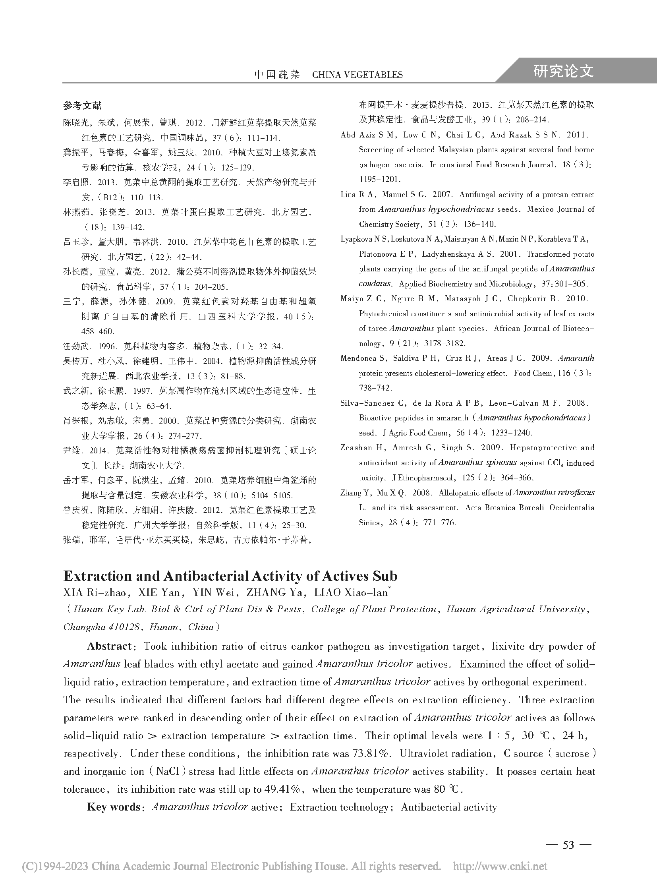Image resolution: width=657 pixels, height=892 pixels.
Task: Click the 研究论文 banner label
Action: (x=563, y=71)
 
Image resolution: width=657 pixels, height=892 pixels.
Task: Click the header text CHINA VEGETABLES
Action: (x=357, y=75)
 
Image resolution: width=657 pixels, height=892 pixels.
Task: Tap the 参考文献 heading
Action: (x=82, y=105)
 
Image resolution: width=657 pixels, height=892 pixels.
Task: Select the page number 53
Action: (x=568, y=844)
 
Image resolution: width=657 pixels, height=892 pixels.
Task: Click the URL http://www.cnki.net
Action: (x=500, y=866)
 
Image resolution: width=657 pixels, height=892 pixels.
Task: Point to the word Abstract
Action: (x=109, y=646)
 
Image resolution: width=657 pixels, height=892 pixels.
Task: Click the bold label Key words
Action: (x=113, y=807)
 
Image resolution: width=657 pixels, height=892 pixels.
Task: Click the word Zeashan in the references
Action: (x=356, y=448)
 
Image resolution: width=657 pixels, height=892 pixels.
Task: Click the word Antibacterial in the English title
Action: (x=206, y=576)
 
